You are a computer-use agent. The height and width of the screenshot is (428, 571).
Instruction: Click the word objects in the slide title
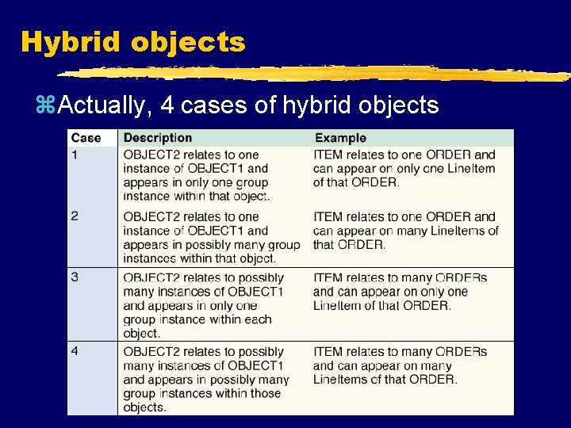(x=188, y=42)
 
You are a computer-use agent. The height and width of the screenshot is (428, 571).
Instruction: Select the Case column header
(x=86, y=138)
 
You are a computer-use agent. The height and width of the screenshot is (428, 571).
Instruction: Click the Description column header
(x=157, y=138)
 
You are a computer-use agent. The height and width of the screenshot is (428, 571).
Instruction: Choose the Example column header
(x=340, y=138)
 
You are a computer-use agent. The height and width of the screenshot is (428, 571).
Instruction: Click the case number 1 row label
(x=75, y=155)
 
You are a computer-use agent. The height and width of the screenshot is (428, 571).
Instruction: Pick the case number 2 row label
(x=75, y=216)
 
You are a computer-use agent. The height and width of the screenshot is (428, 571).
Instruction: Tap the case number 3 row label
(x=75, y=277)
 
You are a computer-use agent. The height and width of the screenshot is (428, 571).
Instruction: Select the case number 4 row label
(x=75, y=351)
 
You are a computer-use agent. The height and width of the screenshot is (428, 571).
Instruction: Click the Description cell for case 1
(x=197, y=175)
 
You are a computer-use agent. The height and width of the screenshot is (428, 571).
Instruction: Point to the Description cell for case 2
(x=211, y=237)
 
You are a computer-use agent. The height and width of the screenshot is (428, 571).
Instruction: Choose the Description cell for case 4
(x=206, y=379)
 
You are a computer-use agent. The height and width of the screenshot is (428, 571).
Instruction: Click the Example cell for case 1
(x=404, y=168)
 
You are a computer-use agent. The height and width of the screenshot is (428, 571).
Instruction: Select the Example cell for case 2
(x=405, y=230)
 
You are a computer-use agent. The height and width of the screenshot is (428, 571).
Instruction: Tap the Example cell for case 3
(x=400, y=292)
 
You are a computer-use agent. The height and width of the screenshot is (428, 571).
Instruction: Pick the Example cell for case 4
(x=400, y=365)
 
